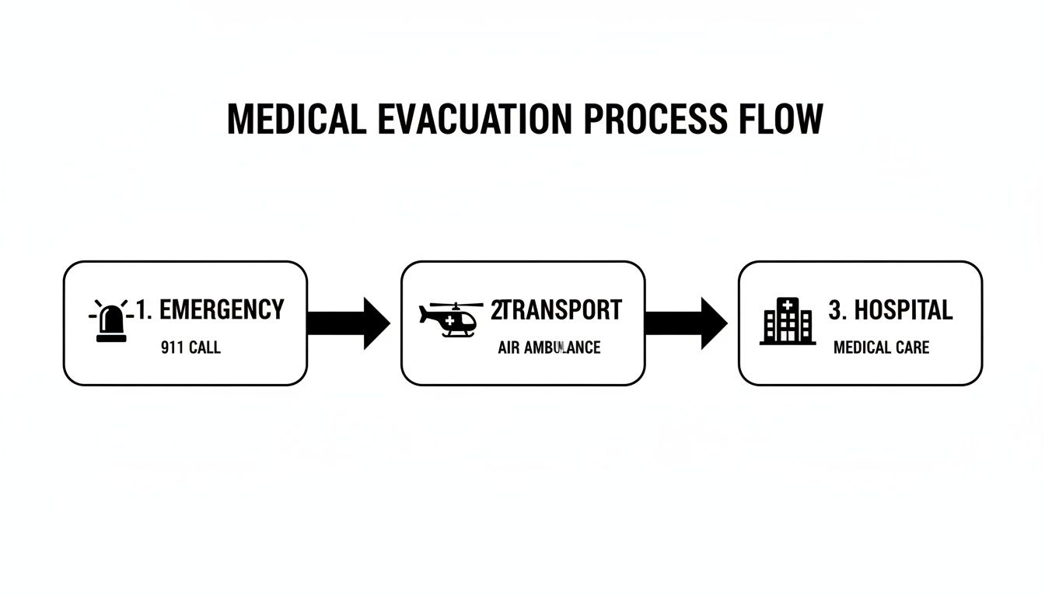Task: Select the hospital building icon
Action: [x=788, y=321]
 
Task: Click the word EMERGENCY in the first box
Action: [x=221, y=310]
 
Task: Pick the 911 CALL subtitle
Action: [x=190, y=347]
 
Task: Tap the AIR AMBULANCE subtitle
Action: [x=549, y=347]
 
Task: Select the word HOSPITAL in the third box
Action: [x=903, y=310]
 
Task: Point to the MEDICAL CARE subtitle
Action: [x=881, y=347]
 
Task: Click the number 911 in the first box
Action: [x=172, y=347]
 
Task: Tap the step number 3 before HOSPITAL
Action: [x=836, y=310]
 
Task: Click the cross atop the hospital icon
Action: [x=788, y=304]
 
